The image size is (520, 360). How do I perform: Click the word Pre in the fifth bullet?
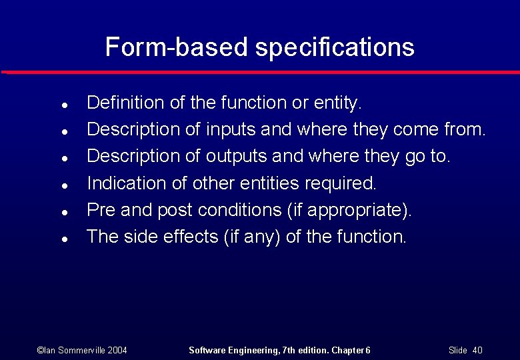(101, 210)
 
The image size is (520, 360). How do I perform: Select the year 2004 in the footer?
(117, 350)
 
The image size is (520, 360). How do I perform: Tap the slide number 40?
(477, 350)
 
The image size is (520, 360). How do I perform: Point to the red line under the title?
(260, 71)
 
